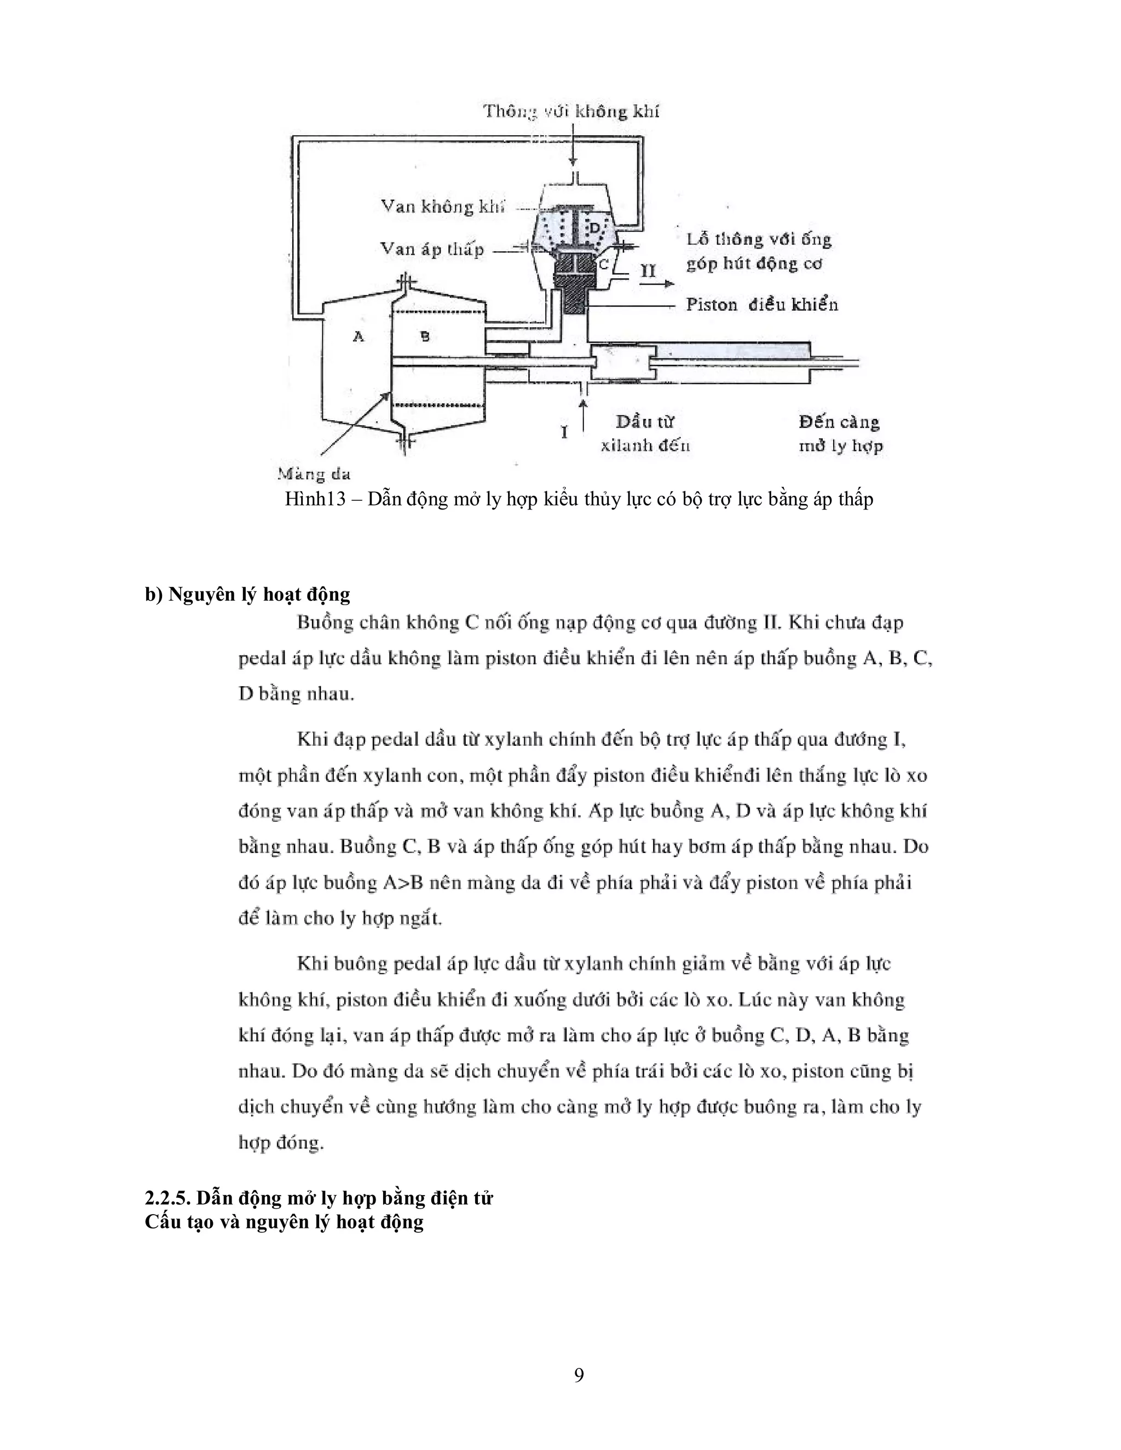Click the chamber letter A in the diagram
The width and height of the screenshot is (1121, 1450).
pyautogui.click(x=359, y=337)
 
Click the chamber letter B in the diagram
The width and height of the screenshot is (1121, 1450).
pyautogui.click(x=425, y=337)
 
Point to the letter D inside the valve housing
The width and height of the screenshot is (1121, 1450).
pyautogui.click(x=595, y=228)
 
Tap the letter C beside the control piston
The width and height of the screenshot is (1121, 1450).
pyautogui.click(x=604, y=264)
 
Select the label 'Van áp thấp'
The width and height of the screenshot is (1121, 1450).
pyautogui.click(x=432, y=249)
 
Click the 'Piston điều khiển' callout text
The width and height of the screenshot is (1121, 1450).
pyautogui.click(x=762, y=305)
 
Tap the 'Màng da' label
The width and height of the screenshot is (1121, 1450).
pyautogui.click(x=314, y=474)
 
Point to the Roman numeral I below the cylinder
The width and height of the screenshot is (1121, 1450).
pyautogui.click(x=564, y=433)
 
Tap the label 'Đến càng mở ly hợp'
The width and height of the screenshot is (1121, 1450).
pyautogui.click(x=840, y=433)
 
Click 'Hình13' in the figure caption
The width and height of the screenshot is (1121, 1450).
pyautogui.click(x=315, y=498)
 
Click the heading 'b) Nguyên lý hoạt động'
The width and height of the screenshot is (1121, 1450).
pyautogui.click(x=247, y=594)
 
